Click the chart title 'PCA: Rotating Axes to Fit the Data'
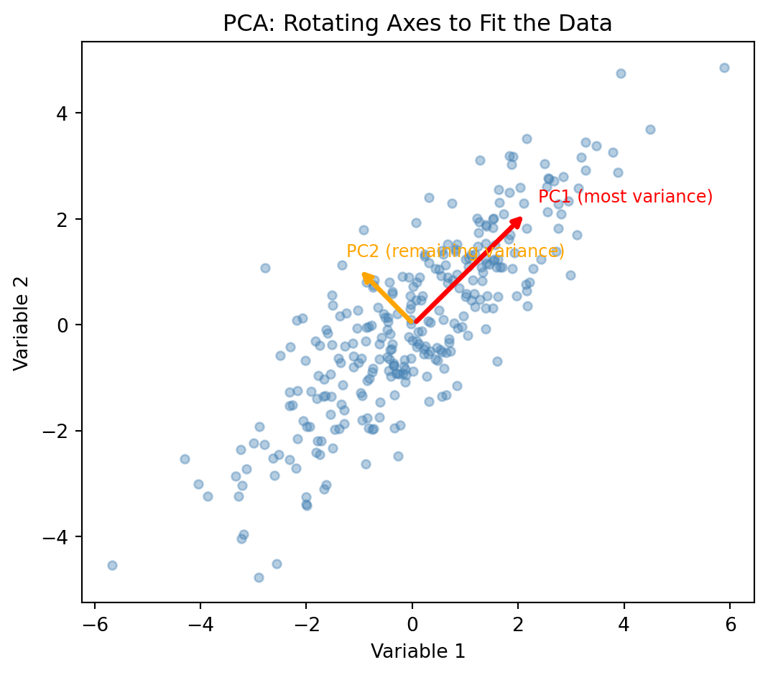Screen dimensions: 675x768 [x=417, y=24]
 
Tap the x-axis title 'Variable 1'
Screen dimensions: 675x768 [x=417, y=651]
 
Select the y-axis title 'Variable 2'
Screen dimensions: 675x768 [x=22, y=325]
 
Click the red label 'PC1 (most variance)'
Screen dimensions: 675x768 [x=625, y=197]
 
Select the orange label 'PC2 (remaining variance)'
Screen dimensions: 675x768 [x=455, y=251]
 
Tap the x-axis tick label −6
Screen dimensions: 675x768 [x=91, y=625]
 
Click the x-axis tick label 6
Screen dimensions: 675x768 [x=730, y=625]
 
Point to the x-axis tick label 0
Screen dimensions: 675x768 [x=412, y=625]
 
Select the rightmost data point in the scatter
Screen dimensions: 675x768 [x=724, y=67]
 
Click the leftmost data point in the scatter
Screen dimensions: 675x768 [x=112, y=565]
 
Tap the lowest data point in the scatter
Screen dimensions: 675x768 [x=259, y=577]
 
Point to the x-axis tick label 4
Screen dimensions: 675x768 [x=624, y=625]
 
